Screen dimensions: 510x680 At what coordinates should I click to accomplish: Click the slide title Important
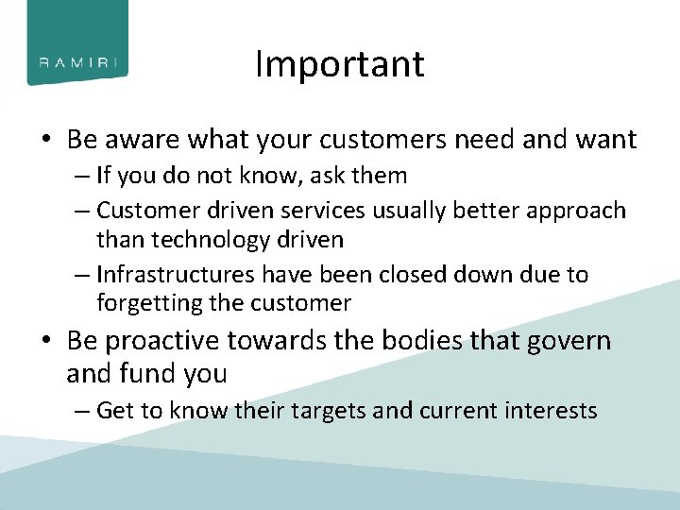point(340,64)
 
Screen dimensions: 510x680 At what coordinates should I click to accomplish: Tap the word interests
point(553,411)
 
